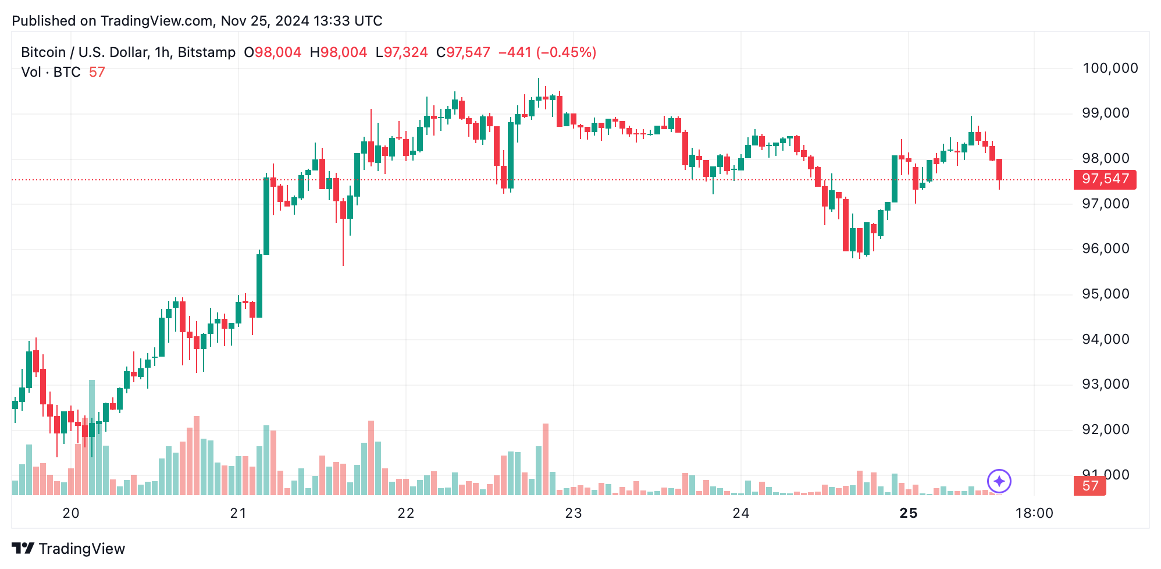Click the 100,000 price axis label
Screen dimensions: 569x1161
tap(1109, 68)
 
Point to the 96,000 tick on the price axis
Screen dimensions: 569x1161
tap(1105, 248)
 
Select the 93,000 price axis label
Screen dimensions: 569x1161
tap(1105, 384)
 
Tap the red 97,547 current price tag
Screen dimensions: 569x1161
tap(1105, 179)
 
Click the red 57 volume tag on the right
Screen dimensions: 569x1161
tap(1089, 486)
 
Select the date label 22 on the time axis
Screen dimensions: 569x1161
tap(405, 513)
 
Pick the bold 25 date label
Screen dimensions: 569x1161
tap(908, 513)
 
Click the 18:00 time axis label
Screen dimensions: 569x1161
tap(1034, 513)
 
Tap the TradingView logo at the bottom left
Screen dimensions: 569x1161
tap(69, 549)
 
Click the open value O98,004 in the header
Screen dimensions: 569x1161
tap(272, 52)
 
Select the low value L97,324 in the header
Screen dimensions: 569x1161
tap(401, 52)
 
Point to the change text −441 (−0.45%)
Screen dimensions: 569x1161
tap(547, 52)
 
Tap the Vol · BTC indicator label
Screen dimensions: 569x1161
tap(51, 72)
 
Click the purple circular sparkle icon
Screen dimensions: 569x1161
tap(999, 481)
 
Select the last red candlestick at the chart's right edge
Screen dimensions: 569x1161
tap(999, 169)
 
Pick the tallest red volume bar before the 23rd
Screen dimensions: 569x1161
tap(546, 458)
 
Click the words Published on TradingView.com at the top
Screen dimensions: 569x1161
tap(112, 21)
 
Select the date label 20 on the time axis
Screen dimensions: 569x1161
tap(71, 513)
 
